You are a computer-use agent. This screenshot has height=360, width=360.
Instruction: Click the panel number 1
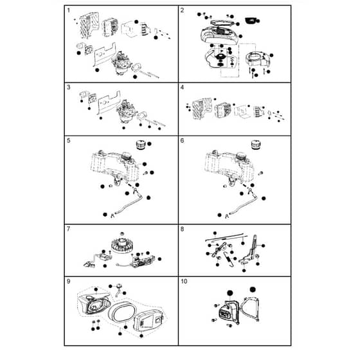(x=69, y=10)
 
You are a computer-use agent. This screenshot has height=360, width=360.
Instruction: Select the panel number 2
(x=183, y=10)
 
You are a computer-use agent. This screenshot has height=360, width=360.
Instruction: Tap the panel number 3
(x=69, y=87)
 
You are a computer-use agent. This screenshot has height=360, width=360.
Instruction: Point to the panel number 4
(x=183, y=87)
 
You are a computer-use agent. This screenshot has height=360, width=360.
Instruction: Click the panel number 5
(x=69, y=141)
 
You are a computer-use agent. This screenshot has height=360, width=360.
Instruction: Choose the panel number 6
(x=183, y=141)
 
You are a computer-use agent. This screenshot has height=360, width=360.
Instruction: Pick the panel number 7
(x=69, y=229)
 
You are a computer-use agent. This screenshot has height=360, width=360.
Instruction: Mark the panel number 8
(x=183, y=229)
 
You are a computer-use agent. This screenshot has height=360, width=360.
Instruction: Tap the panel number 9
(x=69, y=282)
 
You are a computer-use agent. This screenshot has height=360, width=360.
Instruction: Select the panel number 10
(x=184, y=282)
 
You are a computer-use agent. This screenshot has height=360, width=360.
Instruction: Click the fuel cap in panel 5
(x=141, y=145)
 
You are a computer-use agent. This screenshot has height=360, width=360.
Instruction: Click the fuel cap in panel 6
(x=256, y=145)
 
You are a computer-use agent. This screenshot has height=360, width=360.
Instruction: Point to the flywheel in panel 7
(x=120, y=245)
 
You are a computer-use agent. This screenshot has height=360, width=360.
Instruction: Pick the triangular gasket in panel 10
(x=250, y=309)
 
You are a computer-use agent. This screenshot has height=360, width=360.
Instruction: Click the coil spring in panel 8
(x=230, y=259)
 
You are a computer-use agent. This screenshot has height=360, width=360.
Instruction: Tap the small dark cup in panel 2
(x=251, y=21)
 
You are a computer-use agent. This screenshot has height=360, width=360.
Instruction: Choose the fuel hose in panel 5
(x=129, y=204)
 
